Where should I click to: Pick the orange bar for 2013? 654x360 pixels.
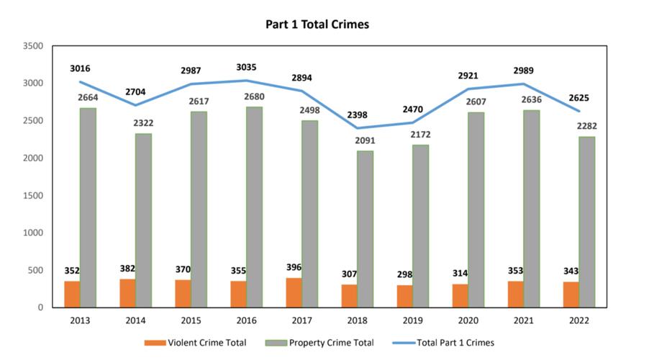coord(71,294)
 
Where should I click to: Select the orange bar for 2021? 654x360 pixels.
coord(515,294)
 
